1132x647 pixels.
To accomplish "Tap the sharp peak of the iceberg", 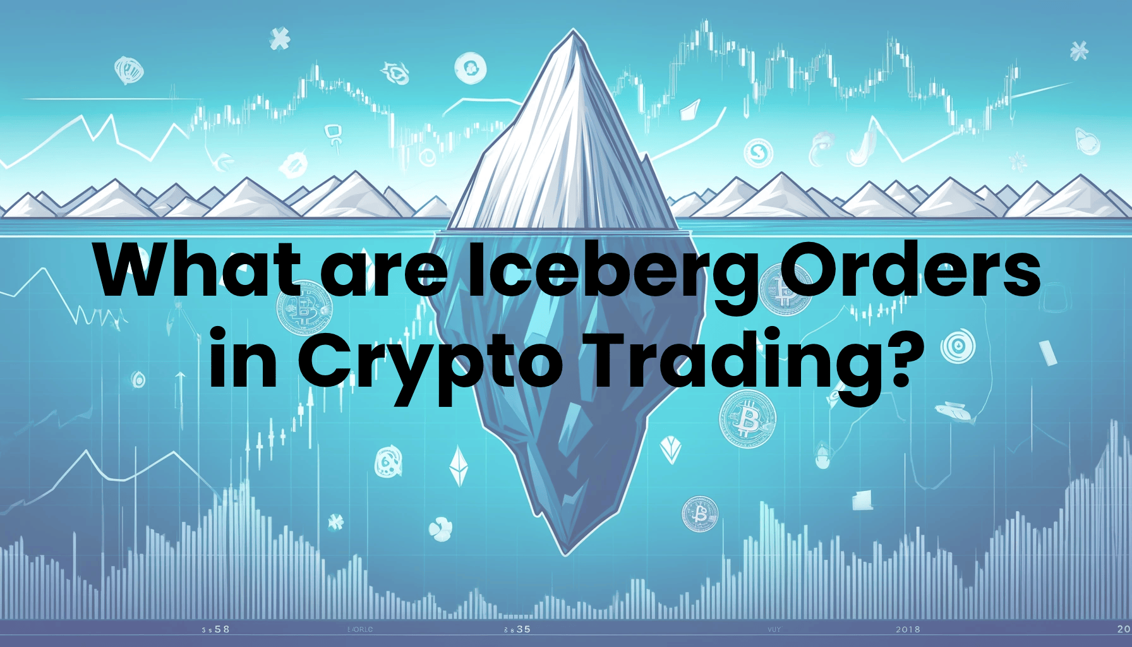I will click(573, 32).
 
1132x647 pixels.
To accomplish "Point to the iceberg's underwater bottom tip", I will click(567, 553).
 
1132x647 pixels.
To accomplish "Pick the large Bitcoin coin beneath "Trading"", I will click(747, 418).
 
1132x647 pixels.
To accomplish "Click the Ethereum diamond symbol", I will click(459, 466).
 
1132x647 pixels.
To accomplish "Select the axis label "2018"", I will click(908, 629).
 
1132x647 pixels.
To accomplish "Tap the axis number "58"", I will click(222, 629).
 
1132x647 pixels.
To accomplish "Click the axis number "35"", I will click(523, 629).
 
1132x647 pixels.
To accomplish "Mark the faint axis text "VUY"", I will click(774, 629).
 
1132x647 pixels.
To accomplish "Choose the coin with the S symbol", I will click(759, 152).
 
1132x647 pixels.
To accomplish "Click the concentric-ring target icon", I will click(958, 346).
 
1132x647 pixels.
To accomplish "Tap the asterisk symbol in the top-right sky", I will click(1079, 50).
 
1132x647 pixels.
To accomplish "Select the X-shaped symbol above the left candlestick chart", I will click(279, 39).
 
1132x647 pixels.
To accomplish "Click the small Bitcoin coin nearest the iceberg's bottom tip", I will click(700, 514).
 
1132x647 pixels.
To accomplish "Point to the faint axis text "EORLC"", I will click(360, 629).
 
